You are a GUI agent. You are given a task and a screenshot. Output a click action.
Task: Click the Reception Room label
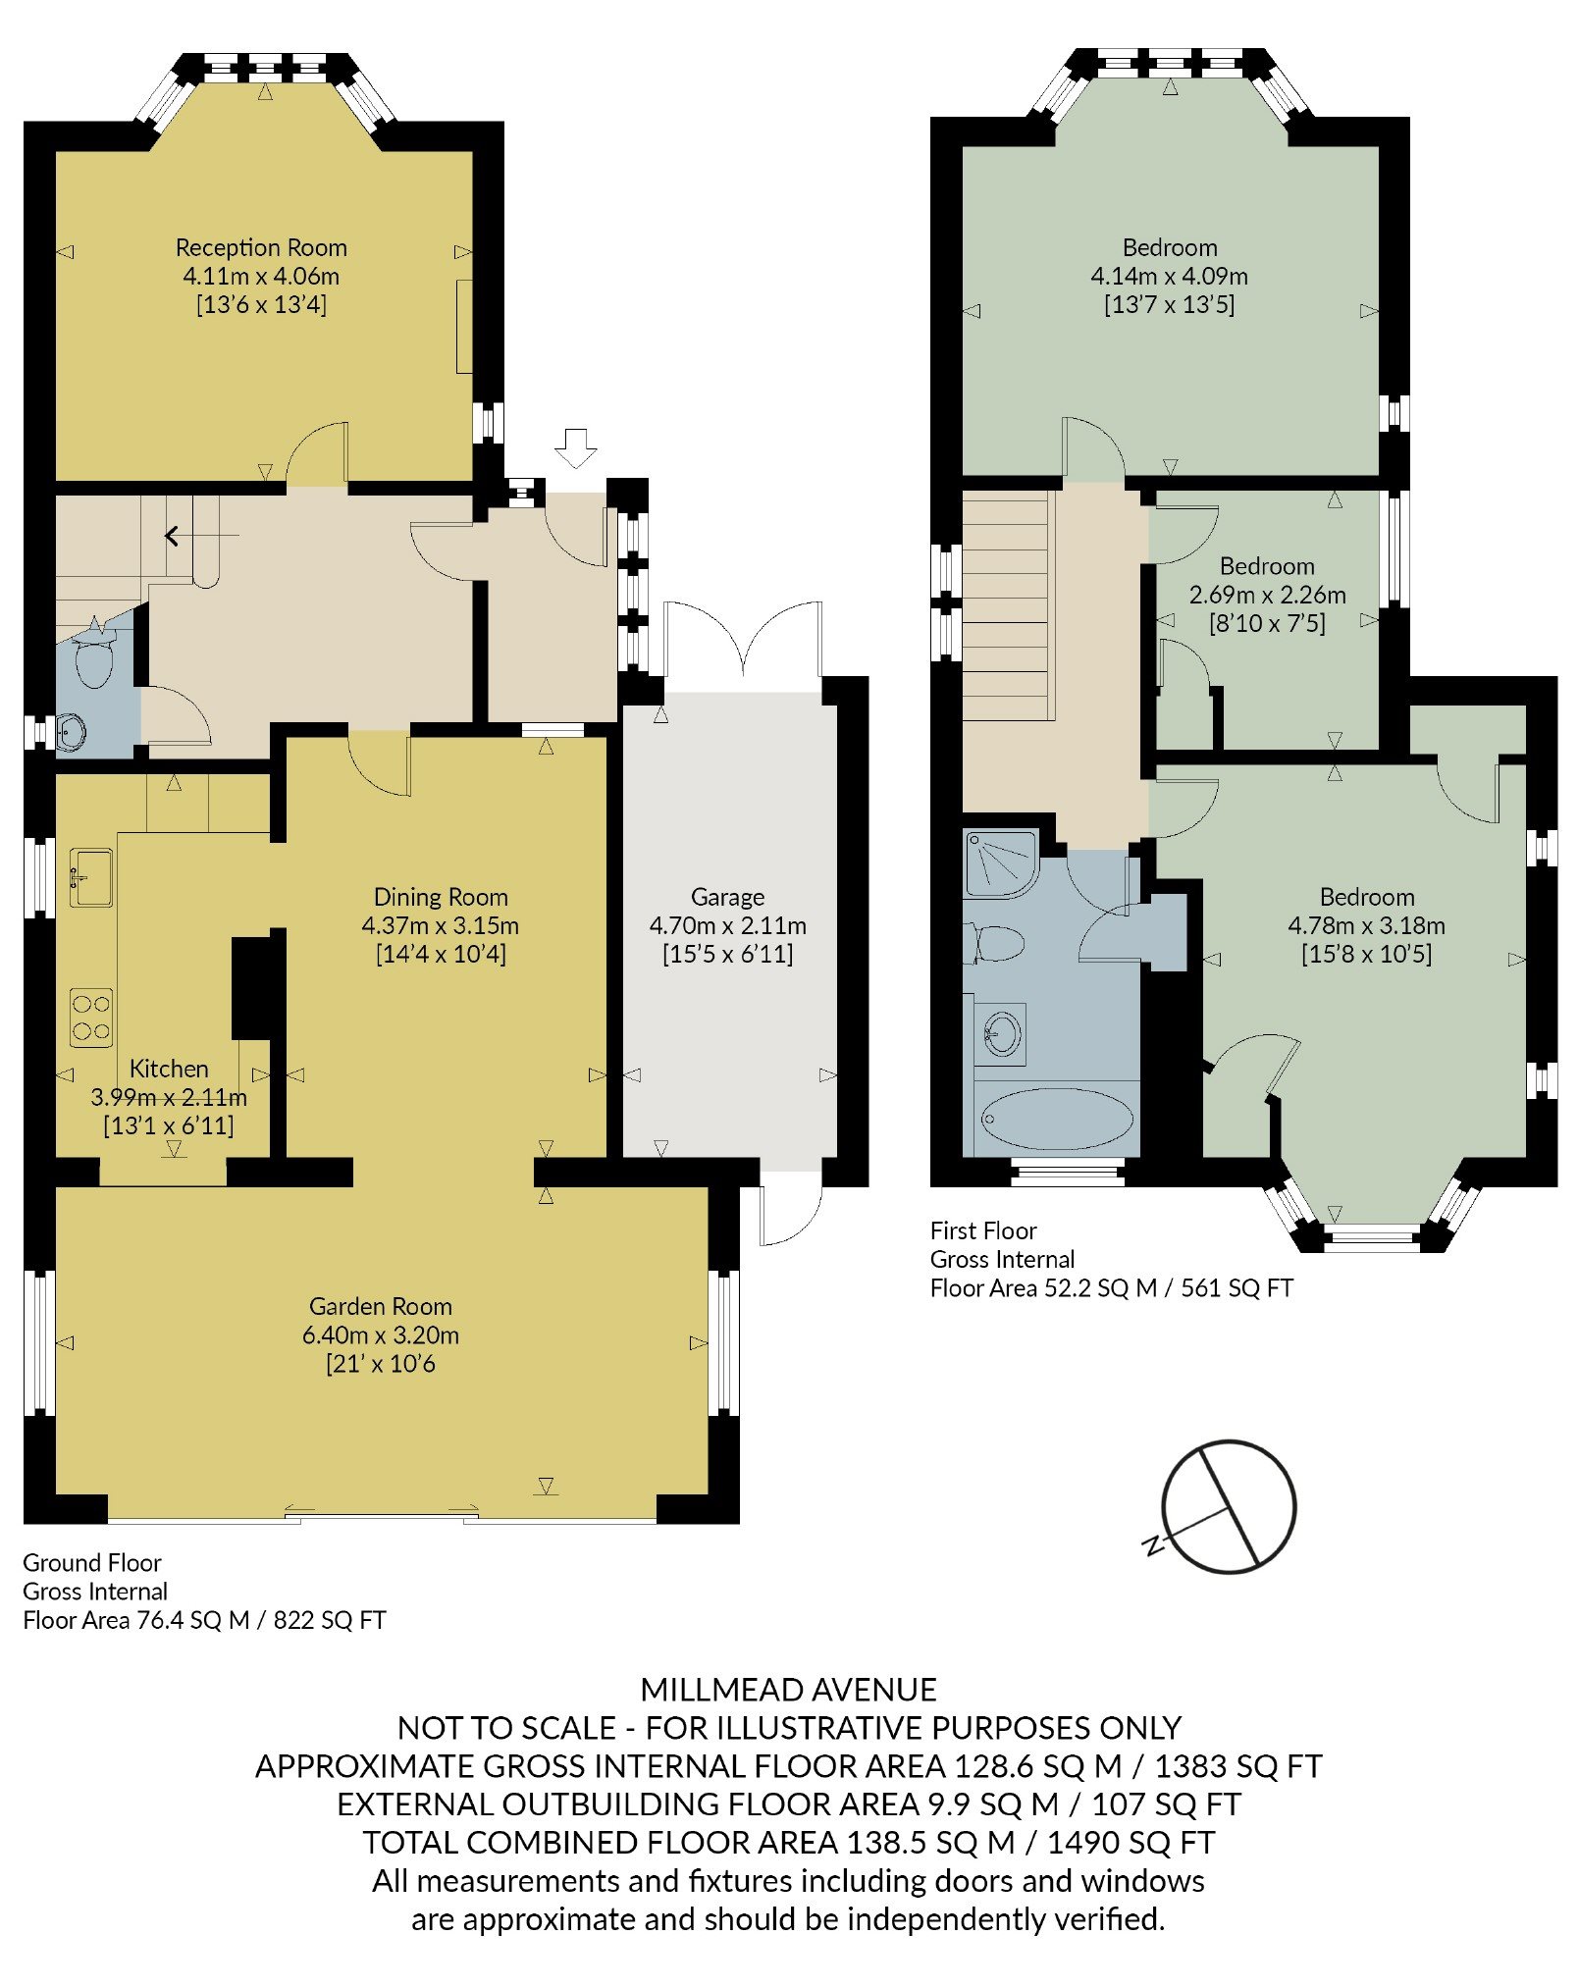click(261, 247)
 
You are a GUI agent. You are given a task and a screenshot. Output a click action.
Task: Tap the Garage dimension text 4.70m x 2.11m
click(727, 925)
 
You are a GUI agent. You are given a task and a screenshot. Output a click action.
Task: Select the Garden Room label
click(381, 1306)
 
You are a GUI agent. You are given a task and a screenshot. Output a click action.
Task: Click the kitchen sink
click(90, 876)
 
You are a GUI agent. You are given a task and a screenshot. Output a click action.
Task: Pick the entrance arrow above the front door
click(575, 448)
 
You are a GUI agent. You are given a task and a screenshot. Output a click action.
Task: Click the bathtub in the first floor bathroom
click(1057, 1118)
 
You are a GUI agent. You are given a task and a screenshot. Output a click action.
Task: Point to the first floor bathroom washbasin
click(1001, 1033)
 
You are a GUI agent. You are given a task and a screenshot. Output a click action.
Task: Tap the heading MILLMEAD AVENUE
click(788, 1689)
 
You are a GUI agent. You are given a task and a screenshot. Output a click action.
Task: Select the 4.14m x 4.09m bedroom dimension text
click(1169, 276)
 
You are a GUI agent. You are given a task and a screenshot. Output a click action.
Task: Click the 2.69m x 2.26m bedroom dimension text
click(1267, 595)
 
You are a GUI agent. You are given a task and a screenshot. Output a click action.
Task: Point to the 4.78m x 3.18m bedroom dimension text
click(1366, 925)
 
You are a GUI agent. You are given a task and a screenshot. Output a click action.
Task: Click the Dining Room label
click(441, 897)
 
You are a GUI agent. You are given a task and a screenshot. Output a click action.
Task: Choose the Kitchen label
click(169, 1069)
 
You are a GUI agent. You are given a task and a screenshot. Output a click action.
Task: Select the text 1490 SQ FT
click(1131, 1842)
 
